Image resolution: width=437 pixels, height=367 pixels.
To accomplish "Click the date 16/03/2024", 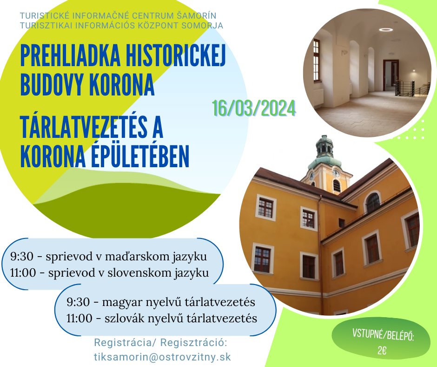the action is click(x=254, y=109).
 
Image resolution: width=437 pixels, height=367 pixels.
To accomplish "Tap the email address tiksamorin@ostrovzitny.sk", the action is click(x=163, y=357).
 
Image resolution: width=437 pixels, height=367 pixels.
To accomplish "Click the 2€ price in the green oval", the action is click(x=382, y=350).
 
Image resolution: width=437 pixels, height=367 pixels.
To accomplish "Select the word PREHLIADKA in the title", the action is click(x=70, y=56).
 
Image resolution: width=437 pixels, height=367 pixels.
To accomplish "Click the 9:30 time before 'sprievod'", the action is click(x=22, y=257).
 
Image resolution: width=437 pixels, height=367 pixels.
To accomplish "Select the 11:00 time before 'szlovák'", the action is click(x=79, y=319).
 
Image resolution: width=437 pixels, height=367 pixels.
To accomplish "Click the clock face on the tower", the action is click(x=336, y=173).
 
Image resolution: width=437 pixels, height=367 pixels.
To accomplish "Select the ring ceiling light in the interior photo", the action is click(x=386, y=30).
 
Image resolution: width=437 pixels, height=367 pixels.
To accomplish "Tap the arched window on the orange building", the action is click(x=372, y=202).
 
